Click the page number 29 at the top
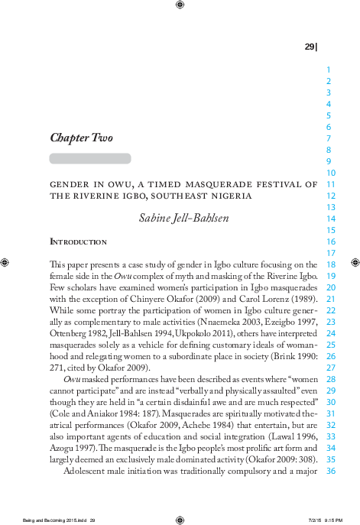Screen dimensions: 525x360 310,47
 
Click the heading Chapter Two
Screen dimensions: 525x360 81,138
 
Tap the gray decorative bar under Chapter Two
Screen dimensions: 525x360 90,159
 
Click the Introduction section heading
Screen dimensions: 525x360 78,241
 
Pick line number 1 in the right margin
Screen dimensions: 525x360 328,68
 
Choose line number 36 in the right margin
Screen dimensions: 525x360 331,472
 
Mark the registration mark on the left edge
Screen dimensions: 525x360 5,262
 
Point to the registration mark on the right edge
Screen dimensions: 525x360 355,262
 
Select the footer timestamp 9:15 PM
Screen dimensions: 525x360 331,518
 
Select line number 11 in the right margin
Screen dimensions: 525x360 331,183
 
